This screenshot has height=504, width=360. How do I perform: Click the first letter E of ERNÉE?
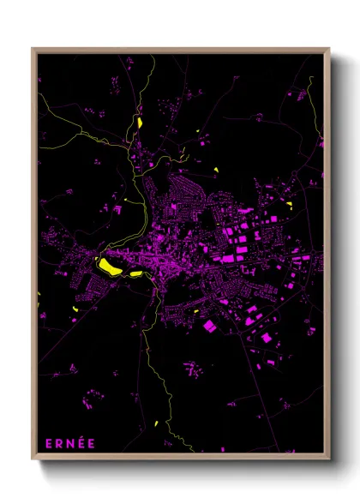point(48,443)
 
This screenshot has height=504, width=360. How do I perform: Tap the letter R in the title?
point(59,443)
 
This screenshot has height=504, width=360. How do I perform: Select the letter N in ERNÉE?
point(70,443)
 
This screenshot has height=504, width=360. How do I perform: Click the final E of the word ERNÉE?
point(92,443)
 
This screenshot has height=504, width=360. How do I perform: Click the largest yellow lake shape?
point(109,266)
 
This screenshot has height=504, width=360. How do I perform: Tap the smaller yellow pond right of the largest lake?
point(135,273)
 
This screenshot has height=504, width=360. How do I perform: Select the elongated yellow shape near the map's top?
point(139,122)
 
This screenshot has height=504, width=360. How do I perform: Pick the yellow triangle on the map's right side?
point(289,204)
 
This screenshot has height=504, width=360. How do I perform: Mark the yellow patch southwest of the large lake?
point(75,307)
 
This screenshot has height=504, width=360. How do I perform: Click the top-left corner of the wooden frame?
point(33,49)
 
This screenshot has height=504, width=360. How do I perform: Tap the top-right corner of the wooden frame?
point(328,49)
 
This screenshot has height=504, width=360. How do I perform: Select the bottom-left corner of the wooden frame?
point(33,462)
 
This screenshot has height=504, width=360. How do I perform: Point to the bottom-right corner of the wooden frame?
point(328,462)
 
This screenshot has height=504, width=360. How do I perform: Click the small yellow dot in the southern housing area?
point(196,310)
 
